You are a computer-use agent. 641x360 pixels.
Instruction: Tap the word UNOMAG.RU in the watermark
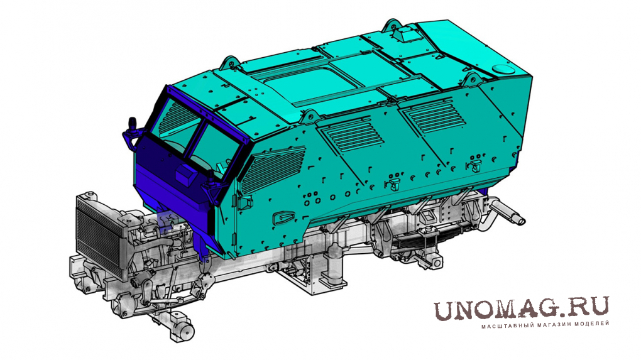coord(521,308)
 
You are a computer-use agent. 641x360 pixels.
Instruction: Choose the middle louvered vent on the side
coord(351,134)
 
